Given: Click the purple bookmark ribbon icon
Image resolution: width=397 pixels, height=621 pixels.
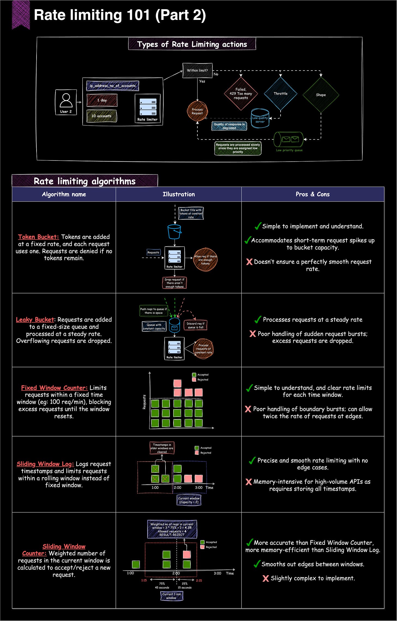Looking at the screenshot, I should [21, 14].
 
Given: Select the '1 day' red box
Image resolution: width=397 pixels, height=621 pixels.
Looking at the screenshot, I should [102, 100].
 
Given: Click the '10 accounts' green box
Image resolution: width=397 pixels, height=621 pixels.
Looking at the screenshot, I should [101, 116].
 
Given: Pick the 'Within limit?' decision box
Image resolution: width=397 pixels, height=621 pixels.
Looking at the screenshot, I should [197, 70].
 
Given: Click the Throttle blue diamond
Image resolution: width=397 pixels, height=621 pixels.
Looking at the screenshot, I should [280, 93].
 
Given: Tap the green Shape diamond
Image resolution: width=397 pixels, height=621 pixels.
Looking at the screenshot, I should [321, 95].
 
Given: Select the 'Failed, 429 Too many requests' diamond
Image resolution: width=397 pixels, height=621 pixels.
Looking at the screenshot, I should [241, 93].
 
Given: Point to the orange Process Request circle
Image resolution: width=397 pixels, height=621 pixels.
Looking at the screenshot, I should [197, 111].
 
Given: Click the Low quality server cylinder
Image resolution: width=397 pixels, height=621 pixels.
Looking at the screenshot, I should [260, 119].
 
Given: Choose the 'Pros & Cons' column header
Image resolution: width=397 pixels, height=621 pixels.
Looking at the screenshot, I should [312, 194].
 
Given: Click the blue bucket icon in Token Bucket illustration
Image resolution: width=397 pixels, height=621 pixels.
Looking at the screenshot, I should [174, 231].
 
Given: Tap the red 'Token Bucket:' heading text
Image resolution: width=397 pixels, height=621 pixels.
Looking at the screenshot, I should [38, 237].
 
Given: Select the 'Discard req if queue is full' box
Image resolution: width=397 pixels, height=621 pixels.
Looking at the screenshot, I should [195, 325].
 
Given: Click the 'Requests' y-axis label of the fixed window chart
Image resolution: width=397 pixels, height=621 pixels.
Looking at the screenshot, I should [144, 402].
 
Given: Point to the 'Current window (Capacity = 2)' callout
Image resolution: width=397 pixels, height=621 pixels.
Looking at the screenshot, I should [189, 500].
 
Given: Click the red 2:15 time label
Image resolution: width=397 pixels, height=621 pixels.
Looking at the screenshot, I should [199, 580].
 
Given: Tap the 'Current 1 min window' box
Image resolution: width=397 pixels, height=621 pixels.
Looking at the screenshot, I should [172, 596].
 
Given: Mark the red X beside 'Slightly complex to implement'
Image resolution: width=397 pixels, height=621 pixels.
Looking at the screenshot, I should [265, 578].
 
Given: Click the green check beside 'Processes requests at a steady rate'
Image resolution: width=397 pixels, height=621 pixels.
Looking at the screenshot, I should [257, 320].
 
